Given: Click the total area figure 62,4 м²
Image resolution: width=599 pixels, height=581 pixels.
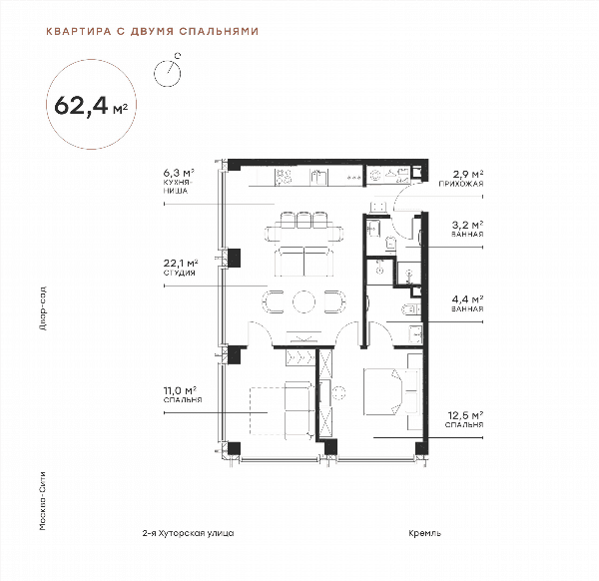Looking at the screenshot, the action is [91, 105].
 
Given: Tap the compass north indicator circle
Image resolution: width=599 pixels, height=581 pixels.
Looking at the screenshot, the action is [167, 73].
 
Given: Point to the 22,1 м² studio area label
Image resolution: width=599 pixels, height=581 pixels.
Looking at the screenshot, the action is [181, 268].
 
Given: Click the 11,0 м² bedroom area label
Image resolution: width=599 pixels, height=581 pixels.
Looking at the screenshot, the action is [183, 394].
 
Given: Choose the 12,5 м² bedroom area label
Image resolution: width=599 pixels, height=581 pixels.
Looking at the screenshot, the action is [464, 419].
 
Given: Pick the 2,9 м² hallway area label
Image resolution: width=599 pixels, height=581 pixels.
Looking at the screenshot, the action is [461, 179].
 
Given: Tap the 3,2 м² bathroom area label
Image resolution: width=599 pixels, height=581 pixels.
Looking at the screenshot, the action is [467, 229].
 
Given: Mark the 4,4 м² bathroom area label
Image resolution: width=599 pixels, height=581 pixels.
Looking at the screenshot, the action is [467, 303].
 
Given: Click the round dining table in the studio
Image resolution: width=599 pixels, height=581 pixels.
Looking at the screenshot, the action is [304, 301].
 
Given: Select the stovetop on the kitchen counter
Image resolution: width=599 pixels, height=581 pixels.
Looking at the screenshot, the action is [284, 177].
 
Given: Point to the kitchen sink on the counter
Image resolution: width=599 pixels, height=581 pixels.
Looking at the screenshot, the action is [318, 177].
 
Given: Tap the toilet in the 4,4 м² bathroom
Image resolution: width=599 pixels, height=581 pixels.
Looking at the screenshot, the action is [411, 308].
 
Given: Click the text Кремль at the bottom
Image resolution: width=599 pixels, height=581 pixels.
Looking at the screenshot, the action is [425, 533].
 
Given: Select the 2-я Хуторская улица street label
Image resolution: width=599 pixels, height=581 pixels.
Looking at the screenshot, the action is [188, 533].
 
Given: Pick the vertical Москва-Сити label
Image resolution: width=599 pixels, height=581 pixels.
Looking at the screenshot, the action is [43, 501].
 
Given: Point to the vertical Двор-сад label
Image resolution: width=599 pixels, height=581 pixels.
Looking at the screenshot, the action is [43, 307].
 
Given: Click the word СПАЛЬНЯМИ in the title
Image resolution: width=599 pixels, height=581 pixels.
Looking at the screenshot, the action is [219, 31].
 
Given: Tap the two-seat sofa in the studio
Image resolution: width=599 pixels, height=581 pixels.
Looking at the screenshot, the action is [304, 262].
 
